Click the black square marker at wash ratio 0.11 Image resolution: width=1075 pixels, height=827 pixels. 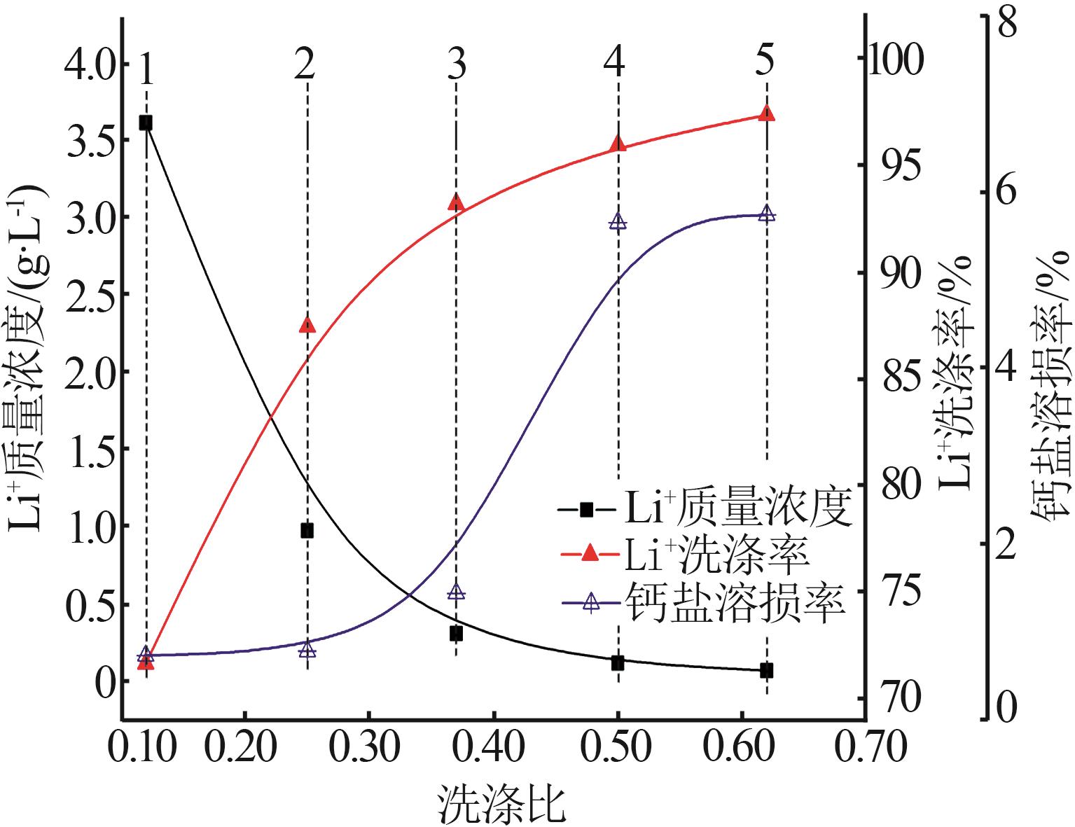[x=146, y=123]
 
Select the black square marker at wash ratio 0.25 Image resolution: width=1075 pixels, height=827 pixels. [x=307, y=530]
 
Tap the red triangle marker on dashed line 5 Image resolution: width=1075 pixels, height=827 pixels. [x=767, y=113]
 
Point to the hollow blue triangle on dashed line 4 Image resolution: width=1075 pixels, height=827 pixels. [x=618, y=222]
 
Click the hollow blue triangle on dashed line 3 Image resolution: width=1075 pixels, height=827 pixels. [x=457, y=593]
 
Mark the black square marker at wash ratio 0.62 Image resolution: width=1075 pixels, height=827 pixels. [x=767, y=670]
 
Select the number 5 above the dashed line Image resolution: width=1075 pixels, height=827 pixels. [x=765, y=62]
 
